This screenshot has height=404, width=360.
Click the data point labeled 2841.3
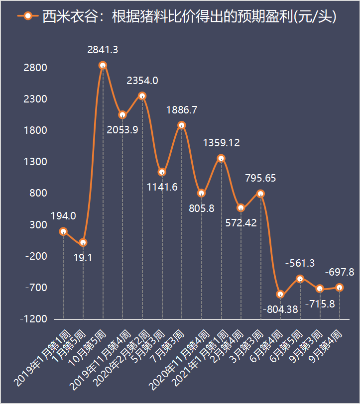tap(103, 65)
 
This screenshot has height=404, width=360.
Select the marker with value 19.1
tap(83, 242)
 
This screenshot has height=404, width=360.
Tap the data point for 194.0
tap(63, 231)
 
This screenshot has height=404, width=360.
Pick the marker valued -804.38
tap(280, 294)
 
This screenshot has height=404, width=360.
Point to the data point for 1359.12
tap(221, 158)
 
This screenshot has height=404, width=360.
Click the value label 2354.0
tap(142, 80)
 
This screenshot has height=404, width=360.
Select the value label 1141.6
tap(162, 187)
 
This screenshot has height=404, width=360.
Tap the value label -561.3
tap(300, 264)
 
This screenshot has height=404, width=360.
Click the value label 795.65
tap(260, 178)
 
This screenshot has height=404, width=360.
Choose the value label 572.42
tap(240, 222)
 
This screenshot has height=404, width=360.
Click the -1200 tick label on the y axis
tap(33, 319)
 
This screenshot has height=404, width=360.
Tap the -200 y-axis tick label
tap(35, 256)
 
